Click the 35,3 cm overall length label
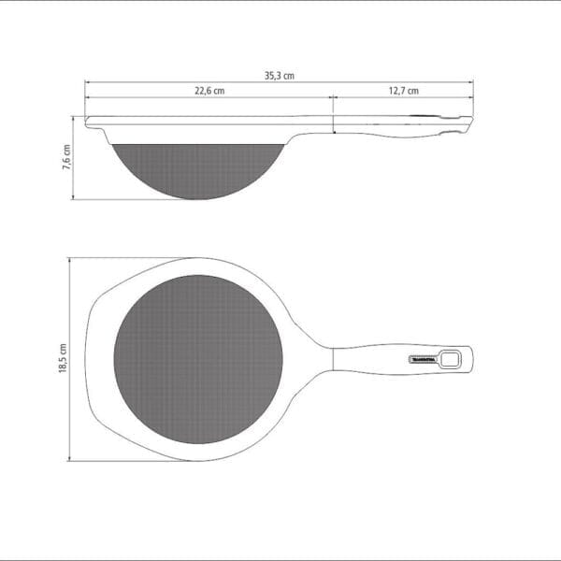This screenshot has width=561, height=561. [x=280, y=76]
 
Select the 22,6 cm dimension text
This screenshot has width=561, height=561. [x=209, y=91]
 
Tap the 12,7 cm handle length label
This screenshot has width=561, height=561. [x=403, y=91]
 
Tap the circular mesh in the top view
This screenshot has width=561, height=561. [x=198, y=359]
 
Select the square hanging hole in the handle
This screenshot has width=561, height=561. [x=453, y=358]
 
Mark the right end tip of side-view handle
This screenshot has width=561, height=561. [x=470, y=121]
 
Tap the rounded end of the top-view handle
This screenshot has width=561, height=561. [x=470, y=358]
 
